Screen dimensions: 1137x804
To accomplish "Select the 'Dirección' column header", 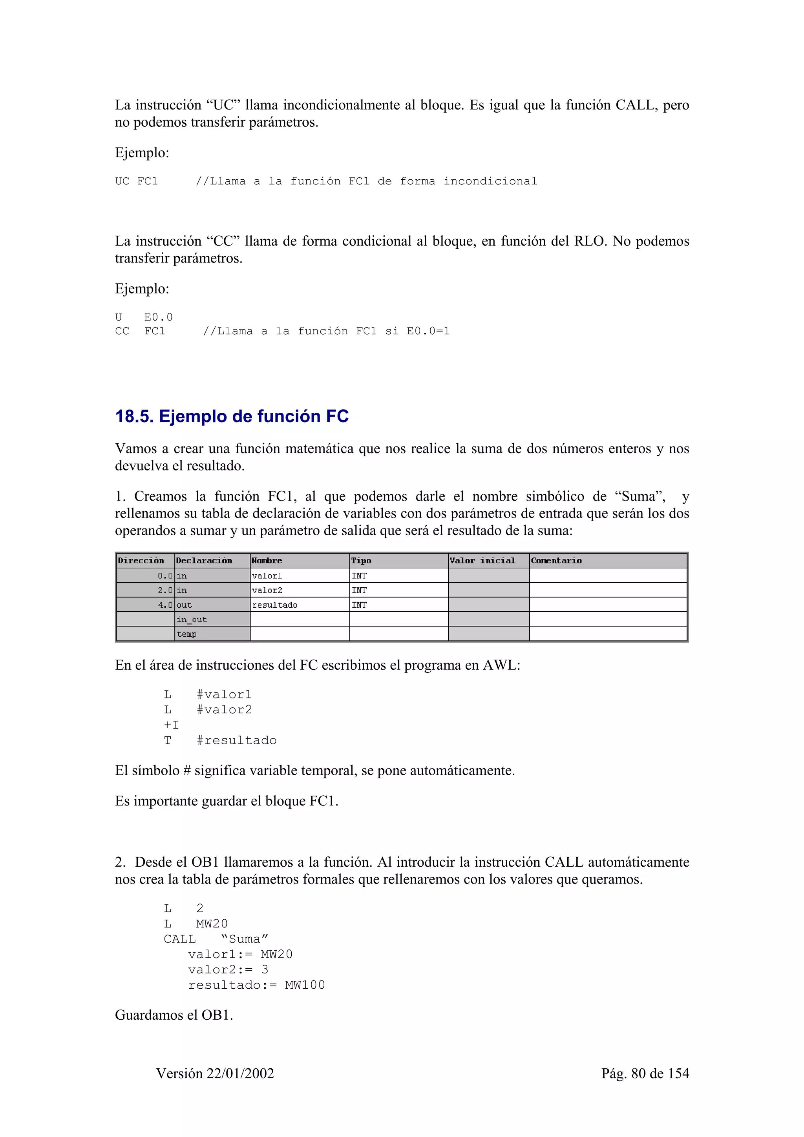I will coord(141,561).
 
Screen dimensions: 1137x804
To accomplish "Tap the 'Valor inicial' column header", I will coord(482,561).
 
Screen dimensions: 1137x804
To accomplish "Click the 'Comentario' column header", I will coord(556,561).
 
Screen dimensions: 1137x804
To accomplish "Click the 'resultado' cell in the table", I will coord(275,605).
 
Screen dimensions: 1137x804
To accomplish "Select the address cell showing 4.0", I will coord(165,605).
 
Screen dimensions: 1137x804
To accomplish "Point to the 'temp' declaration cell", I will coord(187,634).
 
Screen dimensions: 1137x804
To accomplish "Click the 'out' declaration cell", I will coord(184,605).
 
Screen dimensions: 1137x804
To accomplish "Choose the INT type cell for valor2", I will coord(359,590).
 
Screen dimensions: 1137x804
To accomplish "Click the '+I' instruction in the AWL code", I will coord(172,725).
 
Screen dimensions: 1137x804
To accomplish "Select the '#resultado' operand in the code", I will coord(236,740).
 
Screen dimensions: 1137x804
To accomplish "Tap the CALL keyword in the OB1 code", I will coord(180,939).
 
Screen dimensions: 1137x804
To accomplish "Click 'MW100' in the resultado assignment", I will coord(305,985).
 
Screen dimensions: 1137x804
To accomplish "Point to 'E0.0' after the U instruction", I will coord(159,317).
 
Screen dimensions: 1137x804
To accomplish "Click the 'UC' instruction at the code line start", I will coord(122,181).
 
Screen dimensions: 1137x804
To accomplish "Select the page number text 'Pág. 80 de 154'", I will coord(645,1073).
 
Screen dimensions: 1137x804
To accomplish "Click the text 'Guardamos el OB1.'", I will coord(174,1015).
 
